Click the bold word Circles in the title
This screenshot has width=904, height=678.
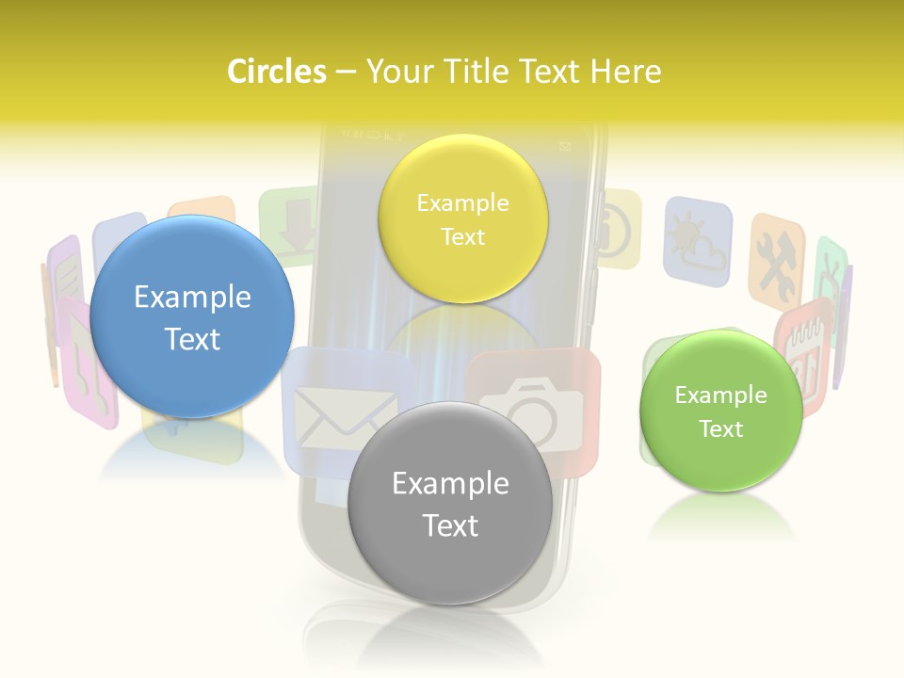pyautogui.click(x=276, y=72)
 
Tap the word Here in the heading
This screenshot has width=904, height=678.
pyautogui.click(x=625, y=72)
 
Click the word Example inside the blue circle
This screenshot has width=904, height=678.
pyautogui.click(x=192, y=298)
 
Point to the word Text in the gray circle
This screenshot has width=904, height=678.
pyautogui.click(x=450, y=525)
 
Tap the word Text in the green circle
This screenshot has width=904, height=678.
pyautogui.click(x=720, y=429)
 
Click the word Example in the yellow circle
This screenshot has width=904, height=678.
pyautogui.click(x=462, y=202)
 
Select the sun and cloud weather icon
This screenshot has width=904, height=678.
pyautogui.click(x=697, y=241)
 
